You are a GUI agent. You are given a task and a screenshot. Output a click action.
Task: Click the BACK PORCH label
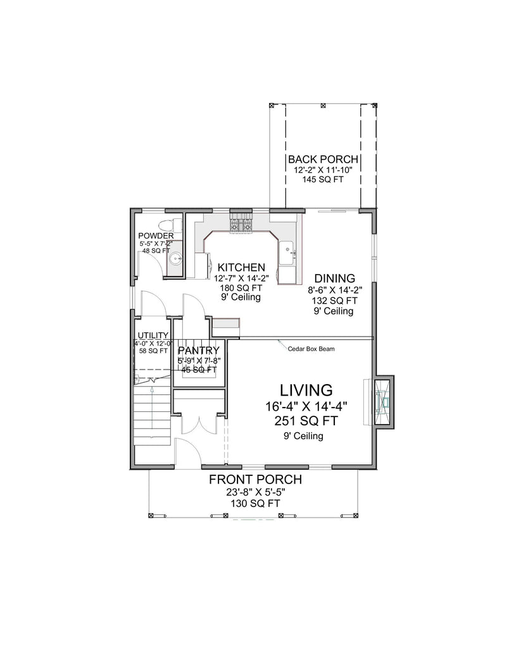click(x=323, y=159)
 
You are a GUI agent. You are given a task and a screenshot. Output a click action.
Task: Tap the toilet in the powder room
click(x=166, y=225)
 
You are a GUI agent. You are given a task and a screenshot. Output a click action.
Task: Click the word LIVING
click(x=307, y=389)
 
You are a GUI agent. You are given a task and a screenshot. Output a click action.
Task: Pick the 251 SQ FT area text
click(x=306, y=421)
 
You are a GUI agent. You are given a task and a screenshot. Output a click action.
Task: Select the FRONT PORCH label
click(x=255, y=480)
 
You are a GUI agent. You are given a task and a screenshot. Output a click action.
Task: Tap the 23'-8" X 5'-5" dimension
click(x=255, y=492)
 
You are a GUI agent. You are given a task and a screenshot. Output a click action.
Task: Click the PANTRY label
click(x=199, y=351)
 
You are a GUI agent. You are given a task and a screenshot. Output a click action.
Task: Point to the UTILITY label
click(x=153, y=335)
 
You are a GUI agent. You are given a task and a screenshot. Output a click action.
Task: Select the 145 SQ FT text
click(x=323, y=180)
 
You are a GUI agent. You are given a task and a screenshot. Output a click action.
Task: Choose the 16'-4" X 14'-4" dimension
click(x=306, y=406)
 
